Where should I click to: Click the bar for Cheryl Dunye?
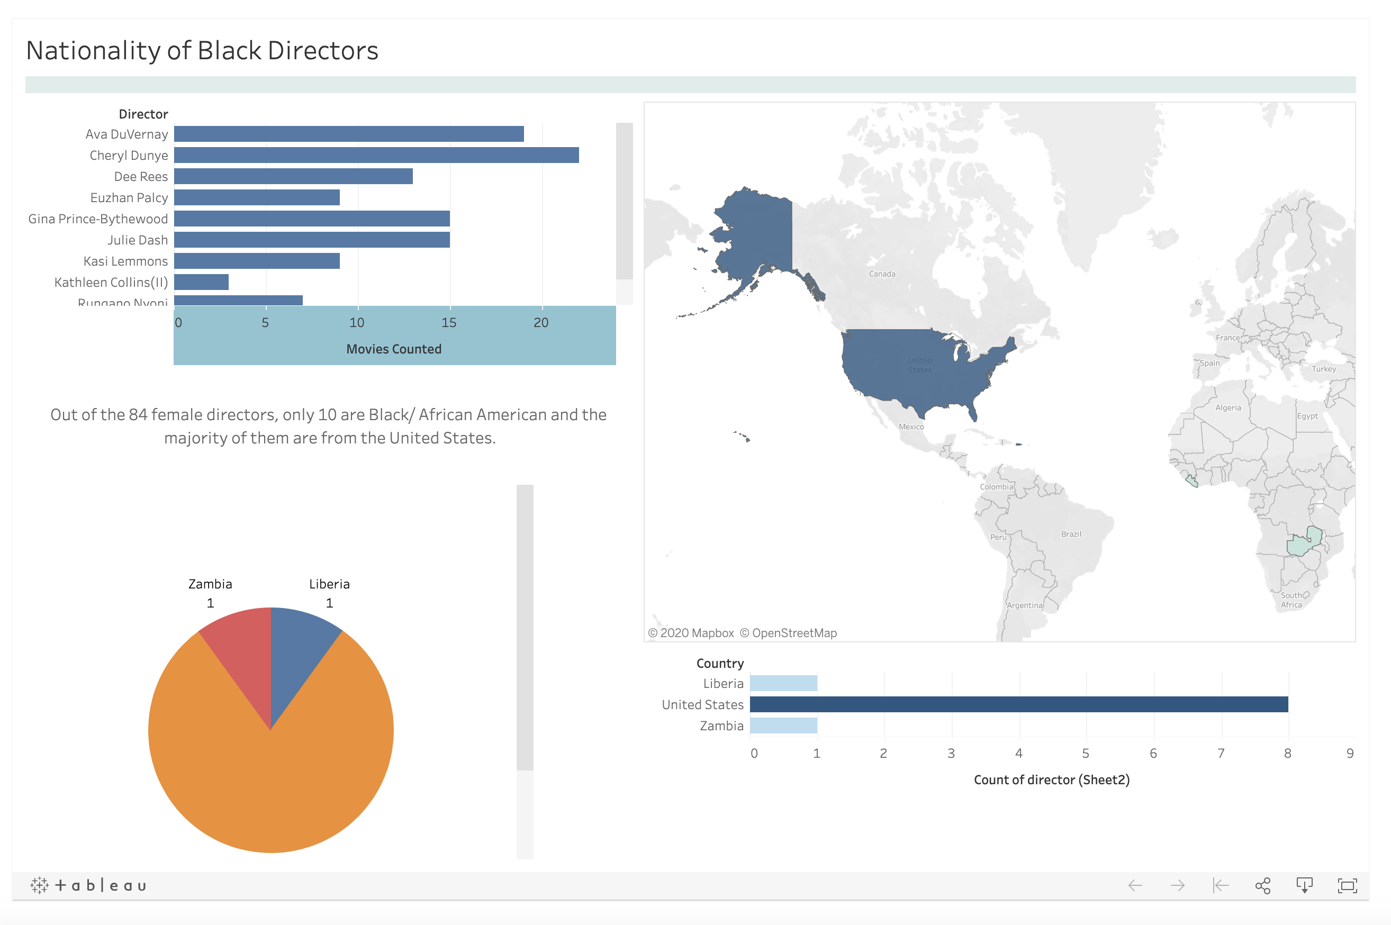[x=376, y=155]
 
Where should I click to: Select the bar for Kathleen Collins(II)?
[x=201, y=282]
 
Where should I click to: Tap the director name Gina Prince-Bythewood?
[x=98, y=219]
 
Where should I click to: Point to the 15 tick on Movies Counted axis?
[x=449, y=323]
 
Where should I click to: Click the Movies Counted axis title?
[x=393, y=349]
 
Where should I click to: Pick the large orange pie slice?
[x=271, y=779]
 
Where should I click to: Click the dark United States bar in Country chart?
[x=1018, y=704]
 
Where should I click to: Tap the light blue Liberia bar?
[x=783, y=683]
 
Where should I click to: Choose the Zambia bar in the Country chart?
[x=783, y=726]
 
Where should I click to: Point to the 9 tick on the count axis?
[x=1350, y=754]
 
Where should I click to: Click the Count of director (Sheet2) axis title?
[x=1051, y=780]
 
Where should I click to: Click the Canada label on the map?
[x=882, y=274]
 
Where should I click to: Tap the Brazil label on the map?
[x=1071, y=534]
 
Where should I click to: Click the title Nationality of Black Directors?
[x=202, y=51]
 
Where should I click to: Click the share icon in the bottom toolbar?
[x=1262, y=885]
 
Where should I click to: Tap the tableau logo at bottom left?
[x=88, y=885]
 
